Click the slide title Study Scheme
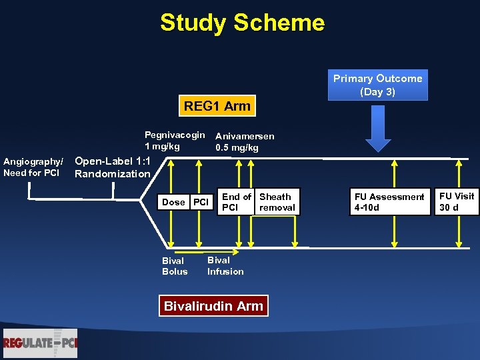click(x=242, y=23)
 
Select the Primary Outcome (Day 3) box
click(x=377, y=85)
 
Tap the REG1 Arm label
click(x=217, y=105)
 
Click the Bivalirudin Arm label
click(x=213, y=306)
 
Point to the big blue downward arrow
click(x=378, y=131)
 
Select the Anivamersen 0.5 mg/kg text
click(x=244, y=141)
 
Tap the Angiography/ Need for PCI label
click(x=33, y=168)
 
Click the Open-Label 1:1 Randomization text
click(x=113, y=167)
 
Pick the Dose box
click(x=173, y=202)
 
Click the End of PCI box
click(x=237, y=202)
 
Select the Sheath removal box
click(x=277, y=202)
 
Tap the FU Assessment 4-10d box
click(x=389, y=202)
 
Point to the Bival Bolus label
click(x=175, y=266)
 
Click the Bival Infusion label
click(x=225, y=265)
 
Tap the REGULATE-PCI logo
click(x=40, y=343)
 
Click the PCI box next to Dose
click(x=201, y=202)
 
